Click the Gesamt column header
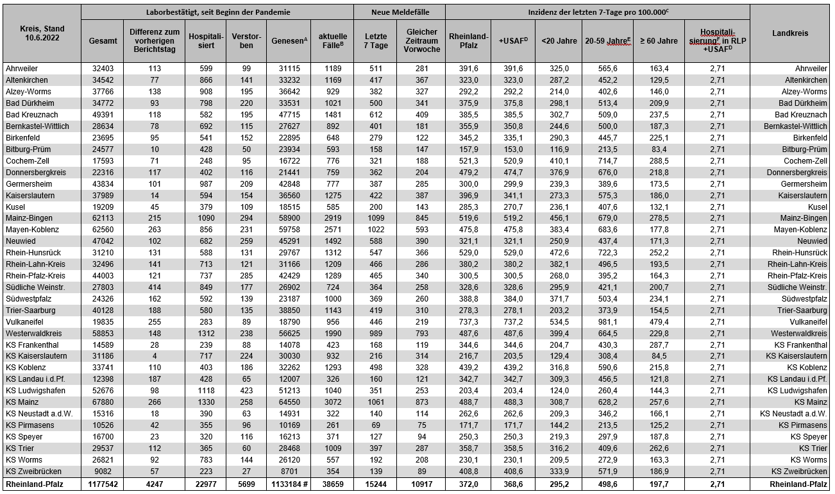point(103,40)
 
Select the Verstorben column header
point(246,40)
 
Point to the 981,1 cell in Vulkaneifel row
point(607,321)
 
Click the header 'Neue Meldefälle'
point(400,12)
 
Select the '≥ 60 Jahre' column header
point(659,40)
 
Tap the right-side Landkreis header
point(789,33)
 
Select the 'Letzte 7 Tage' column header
point(375,40)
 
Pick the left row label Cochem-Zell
point(27,160)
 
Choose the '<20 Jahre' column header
point(559,40)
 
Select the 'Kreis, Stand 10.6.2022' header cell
point(42,33)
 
